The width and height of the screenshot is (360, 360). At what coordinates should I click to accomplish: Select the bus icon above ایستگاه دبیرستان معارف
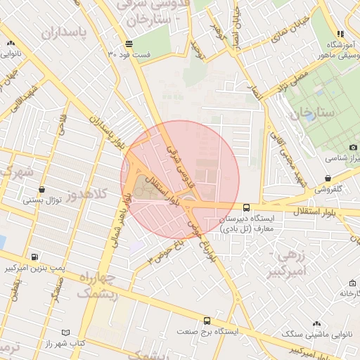click(x=246, y=207)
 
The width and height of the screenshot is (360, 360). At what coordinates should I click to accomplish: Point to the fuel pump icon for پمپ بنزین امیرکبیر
click(x=35, y=257)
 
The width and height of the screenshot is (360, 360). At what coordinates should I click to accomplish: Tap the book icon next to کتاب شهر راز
click(x=66, y=332)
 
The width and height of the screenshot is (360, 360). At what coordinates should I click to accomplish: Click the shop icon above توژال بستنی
click(x=43, y=189)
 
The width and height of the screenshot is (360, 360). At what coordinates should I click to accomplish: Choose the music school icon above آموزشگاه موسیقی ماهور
click(x=341, y=33)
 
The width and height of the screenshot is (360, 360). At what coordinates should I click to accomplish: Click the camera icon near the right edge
click(x=352, y=147)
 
